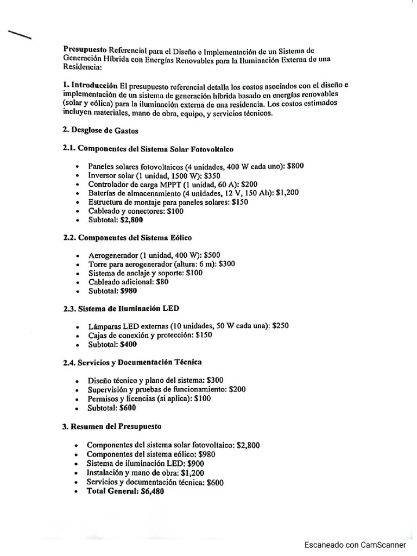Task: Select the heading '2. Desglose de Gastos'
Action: (x=101, y=130)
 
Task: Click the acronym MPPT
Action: (x=169, y=185)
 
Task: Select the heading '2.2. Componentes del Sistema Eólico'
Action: (x=127, y=238)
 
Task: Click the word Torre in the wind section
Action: (x=98, y=264)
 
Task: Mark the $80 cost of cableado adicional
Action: (x=162, y=282)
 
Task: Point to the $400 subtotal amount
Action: (x=129, y=344)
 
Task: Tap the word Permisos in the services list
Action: (x=103, y=399)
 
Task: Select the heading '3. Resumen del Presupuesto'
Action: (x=111, y=426)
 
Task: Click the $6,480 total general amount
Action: (x=152, y=491)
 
